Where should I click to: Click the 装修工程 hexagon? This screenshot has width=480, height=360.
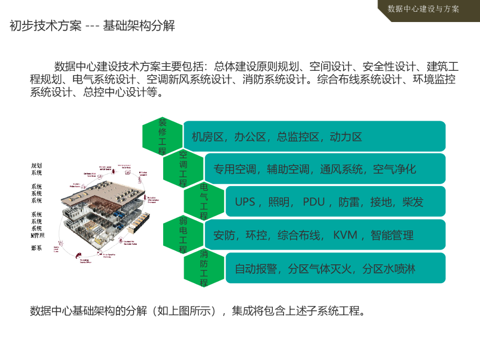coord(162,136)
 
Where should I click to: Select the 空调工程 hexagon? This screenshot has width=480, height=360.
coord(183,168)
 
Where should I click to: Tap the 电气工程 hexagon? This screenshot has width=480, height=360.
coord(204,202)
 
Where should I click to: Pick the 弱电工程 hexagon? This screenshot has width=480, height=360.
coord(183,235)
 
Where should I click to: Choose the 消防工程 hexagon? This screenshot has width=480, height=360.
coord(204,268)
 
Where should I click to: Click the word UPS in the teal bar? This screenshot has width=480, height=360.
coord(245,202)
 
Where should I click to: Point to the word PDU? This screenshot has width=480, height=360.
coord(314,202)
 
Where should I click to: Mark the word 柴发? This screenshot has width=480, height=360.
coord(413,202)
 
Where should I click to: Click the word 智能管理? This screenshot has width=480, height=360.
coord(392,235)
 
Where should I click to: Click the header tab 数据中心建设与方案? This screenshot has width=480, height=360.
coord(423,9)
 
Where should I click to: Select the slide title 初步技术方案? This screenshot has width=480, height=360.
coord(45,25)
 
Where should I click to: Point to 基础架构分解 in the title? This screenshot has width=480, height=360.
coord(139,25)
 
